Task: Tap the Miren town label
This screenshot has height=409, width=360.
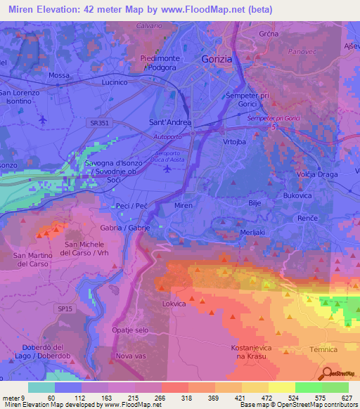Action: pyautogui.click(x=183, y=205)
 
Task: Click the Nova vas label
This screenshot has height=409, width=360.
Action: pyautogui.click(x=131, y=356)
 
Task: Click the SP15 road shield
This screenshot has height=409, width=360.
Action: pyautogui.click(x=65, y=309)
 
